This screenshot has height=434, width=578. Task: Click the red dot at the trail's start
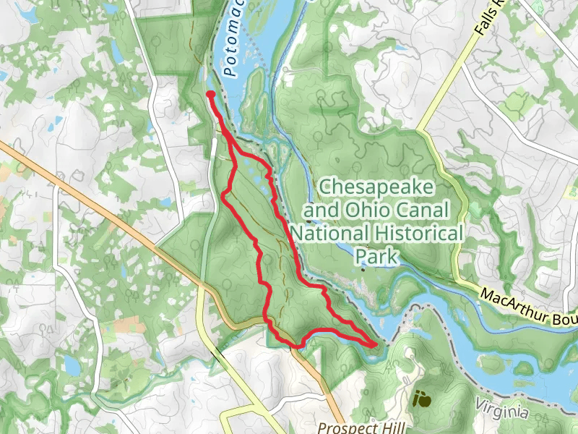pos(210,94)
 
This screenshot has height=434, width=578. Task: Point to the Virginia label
pos(501,411)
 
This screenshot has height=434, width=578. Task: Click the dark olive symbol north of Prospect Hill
pos(420,398)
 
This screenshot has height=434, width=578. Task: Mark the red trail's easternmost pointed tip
pos(376,345)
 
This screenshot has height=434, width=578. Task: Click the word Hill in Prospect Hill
pos(382,427)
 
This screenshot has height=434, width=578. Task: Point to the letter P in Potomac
pos(229,72)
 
